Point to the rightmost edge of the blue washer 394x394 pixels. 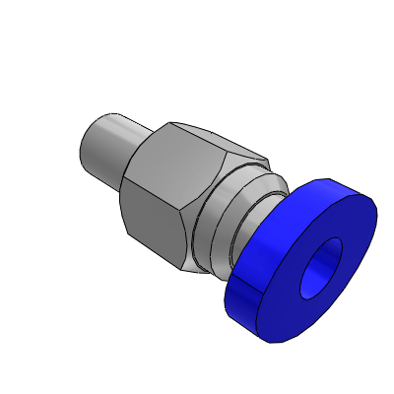pos(377,207)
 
